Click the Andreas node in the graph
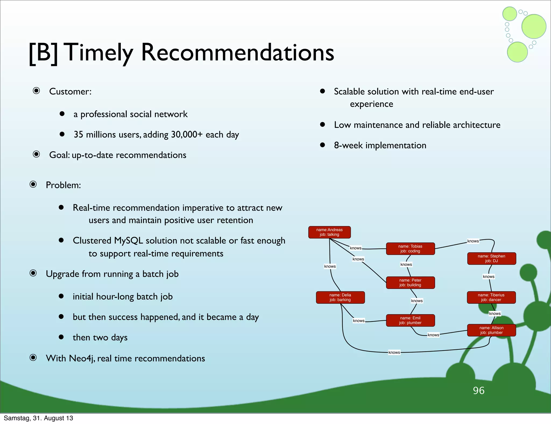point(329,232)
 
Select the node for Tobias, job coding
point(410,249)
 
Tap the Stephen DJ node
point(492,259)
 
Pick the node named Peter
point(410,282)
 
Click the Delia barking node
point(340,297)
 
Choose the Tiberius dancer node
point(491,297)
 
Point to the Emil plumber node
point(410,320)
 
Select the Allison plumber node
point(492,330)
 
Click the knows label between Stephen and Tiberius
point(489,277)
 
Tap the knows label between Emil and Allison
point(433,335)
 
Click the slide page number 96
point(479,390)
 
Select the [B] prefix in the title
point(43,53)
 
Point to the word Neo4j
point(82,358)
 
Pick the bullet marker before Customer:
point(36,91)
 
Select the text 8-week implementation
point(380,146)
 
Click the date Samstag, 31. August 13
point(38,418)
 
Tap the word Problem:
point(63,185)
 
